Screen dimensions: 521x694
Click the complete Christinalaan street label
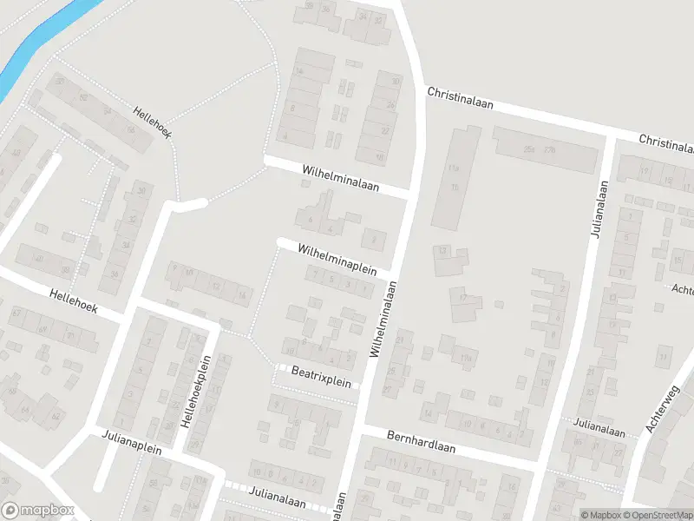[x=460, y=96]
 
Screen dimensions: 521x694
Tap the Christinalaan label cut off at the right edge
[x=666, y=141]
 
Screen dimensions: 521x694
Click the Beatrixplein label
[x=321, y=380]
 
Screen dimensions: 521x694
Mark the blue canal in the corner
[x=39, y=39]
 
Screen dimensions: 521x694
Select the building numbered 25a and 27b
[x=546, y=148]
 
